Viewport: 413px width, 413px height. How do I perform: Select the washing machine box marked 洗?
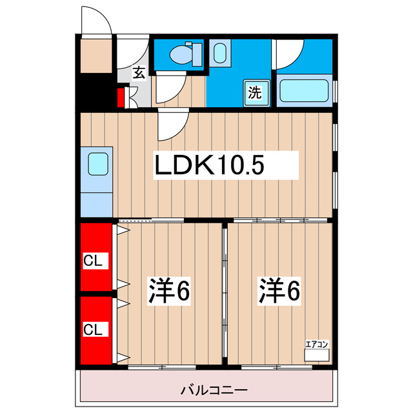click(255, 92)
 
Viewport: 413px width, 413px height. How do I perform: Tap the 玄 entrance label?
click(139, 72)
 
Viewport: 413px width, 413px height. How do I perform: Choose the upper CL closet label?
click(95, 261)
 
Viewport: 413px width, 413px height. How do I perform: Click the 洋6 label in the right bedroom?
click(279, 291)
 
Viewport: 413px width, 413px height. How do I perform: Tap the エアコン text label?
click(316, 345)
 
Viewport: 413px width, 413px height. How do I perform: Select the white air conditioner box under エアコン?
click(316, 355)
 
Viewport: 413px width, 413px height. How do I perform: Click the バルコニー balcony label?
click(206, 390)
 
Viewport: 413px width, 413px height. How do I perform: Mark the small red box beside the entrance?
click(121, 98)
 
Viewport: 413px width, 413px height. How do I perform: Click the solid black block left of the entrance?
click(96, 94)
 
